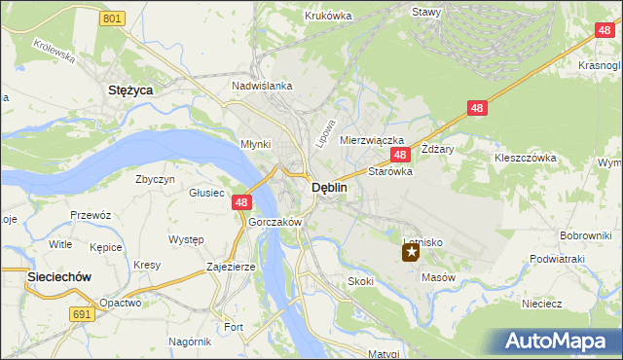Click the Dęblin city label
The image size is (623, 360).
pos(324,190)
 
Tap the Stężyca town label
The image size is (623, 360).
pos(130,90)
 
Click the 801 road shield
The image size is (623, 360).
pos(113,18)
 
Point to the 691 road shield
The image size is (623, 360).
pos(83,314)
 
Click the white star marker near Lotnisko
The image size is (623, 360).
pos(411,253)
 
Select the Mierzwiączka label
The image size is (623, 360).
pos(371,140)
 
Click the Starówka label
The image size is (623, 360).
pos(390,170)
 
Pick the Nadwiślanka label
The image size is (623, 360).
pos(262,86)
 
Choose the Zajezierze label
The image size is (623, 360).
pos(231,266)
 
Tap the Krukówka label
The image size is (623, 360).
pos(327,16)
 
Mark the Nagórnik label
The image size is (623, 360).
pos(190,342)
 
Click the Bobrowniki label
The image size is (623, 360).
pos(584,235)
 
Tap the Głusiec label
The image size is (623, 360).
pos(206,193)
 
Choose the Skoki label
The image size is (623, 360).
pos(360,281)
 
